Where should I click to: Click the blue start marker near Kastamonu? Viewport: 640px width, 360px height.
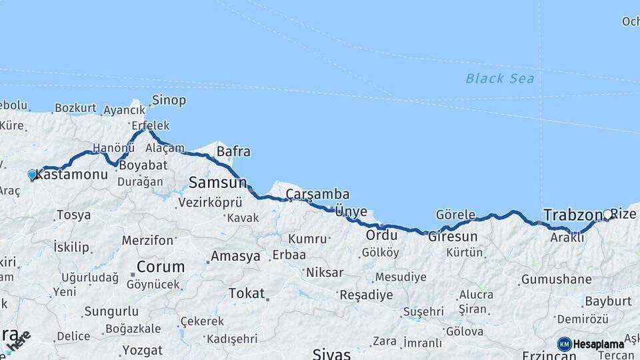click(32, 175)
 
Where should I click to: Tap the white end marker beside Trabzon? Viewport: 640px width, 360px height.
click(607, 215)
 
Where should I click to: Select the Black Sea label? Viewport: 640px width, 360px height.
click(499, 79)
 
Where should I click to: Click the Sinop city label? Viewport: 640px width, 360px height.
click(169, 101)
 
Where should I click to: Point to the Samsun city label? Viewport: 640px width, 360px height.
click(217, 182)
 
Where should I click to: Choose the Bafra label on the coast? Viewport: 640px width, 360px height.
click(233, 152)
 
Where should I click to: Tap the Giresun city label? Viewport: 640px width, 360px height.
click(453, 237)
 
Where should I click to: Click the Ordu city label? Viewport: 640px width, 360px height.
click(381, 235)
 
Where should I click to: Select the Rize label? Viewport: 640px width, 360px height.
click(624, 215)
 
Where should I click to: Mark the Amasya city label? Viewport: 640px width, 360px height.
click(235, 257)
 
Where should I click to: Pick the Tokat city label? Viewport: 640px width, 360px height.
click(246, 293)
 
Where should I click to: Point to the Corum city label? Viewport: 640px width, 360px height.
click(161, 267)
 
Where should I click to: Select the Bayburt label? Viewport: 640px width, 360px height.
click(607, 301)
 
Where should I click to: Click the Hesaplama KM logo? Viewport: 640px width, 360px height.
click(591, 344)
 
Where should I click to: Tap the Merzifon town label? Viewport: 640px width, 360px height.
click(147, 240)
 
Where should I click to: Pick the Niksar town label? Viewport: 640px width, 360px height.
click(325, 272)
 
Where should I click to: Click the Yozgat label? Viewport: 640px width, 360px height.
click(143, 350)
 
